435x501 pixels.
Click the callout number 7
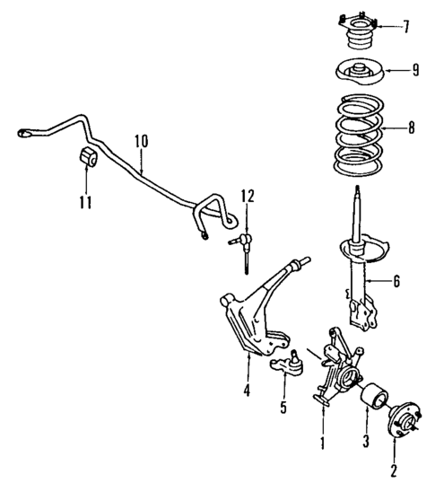(408, 26)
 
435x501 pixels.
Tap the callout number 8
(411, 129)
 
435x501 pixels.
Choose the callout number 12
(247, 195)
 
